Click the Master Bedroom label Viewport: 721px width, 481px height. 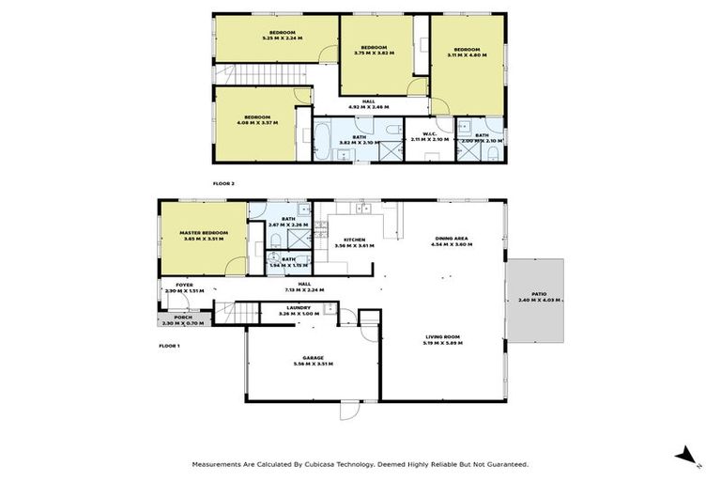pyautogui.click(x=202, y=233)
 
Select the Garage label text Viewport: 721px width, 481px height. pyautogui.click(x=308, y=357)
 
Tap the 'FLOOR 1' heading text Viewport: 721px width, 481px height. pyautogui.click(x=169, y=347)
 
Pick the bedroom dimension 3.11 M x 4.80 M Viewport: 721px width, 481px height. pyautogui.click(x=467, y=54)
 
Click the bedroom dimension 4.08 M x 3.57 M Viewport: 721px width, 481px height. pyautogui.click(x=257, y=122)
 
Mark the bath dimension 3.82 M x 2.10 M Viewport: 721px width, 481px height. pyautogui.click(x=359, y=143)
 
